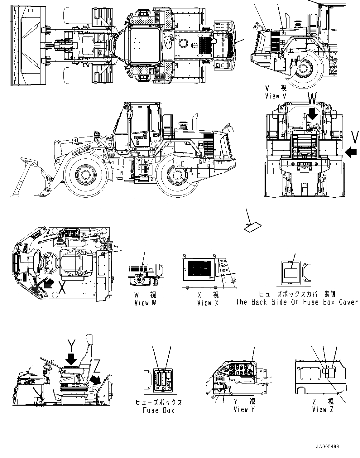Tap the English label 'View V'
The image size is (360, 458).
[276, 96]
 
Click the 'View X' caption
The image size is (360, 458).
[208, 303]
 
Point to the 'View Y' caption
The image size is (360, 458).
[244, 410]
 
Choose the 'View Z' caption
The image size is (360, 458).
[323, 410]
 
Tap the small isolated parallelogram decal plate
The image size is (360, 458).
[252, 227]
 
